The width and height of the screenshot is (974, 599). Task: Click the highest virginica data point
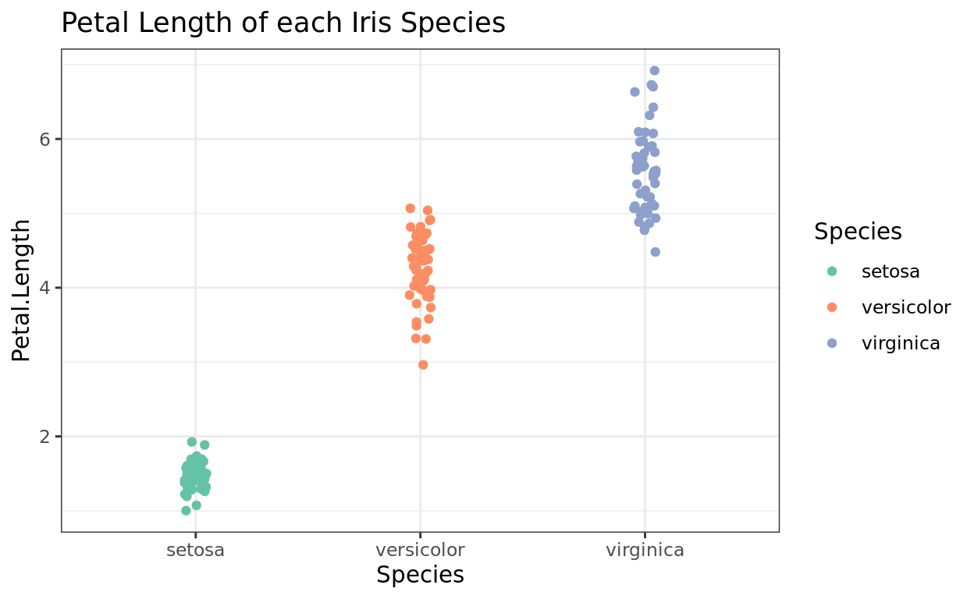pyautogui.click(x=655, y=71)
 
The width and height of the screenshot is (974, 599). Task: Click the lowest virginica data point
pyautogui.click(x=656, y=252)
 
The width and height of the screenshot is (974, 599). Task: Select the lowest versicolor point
pyautogui.click(x=423, y=365)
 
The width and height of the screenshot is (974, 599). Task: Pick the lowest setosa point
pyautogui.click(x=186, y=511)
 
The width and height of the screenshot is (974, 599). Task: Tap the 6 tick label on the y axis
pyautogui.click(x=45, y=139)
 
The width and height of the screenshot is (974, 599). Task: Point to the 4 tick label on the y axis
pyautogui.click(x=45, y=288)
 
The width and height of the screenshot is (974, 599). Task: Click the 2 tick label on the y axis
pyautogui.click(x=45, y=436)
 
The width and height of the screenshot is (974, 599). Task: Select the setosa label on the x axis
pyautogui.click(x=195, y=550)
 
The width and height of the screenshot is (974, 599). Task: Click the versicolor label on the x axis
pyautogui.click(x=420, y=550)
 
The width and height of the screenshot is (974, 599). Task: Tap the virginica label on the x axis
pyautogui.click(x=645, y=550)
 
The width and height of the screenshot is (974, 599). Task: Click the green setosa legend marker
pyautogui.click(x=832, y=271)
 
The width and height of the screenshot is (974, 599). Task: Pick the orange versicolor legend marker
pyautogui.click(x=832, y=307)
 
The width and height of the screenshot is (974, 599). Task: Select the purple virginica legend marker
pyautogui.click(x=832, y=343)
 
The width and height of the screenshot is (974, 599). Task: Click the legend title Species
pyautogui.click(x=858, y=232)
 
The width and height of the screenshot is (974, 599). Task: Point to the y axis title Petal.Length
pyautogui.click(x=22, y=290)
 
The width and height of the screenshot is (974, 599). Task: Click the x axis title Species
pyautogui.click(x=420, y=576)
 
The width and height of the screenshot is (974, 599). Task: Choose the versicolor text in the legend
pyautogui.click(x=906, y=307)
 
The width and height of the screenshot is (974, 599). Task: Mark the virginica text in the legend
pyautogui.click(x=901, y=343)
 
